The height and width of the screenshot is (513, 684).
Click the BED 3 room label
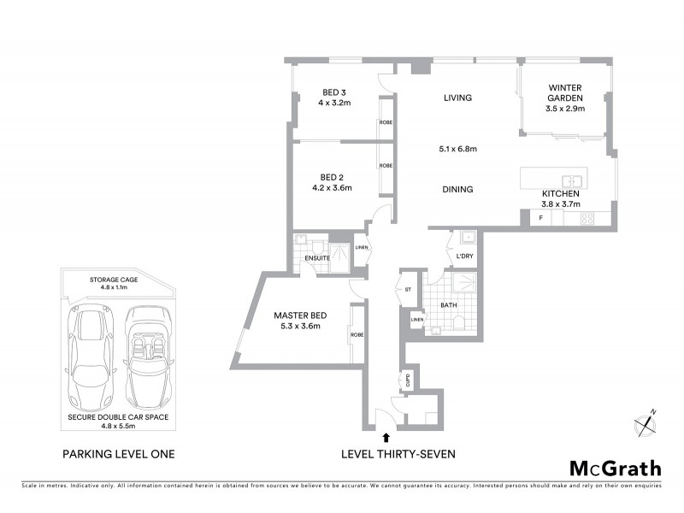click(333, 92)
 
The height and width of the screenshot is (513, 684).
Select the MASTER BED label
click(296, 315)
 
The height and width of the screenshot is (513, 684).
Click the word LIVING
click(457, 98)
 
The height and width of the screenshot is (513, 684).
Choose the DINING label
click(457, 190)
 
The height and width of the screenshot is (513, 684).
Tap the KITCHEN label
click(561, 194)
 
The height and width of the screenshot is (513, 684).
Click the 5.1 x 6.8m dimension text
click(457, 149)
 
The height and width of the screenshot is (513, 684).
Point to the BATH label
click(448, 304)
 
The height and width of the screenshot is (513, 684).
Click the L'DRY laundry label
click(464, 256)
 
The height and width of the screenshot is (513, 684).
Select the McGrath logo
click(615, 468)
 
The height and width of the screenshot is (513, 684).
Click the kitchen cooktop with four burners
click(588, 219)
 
